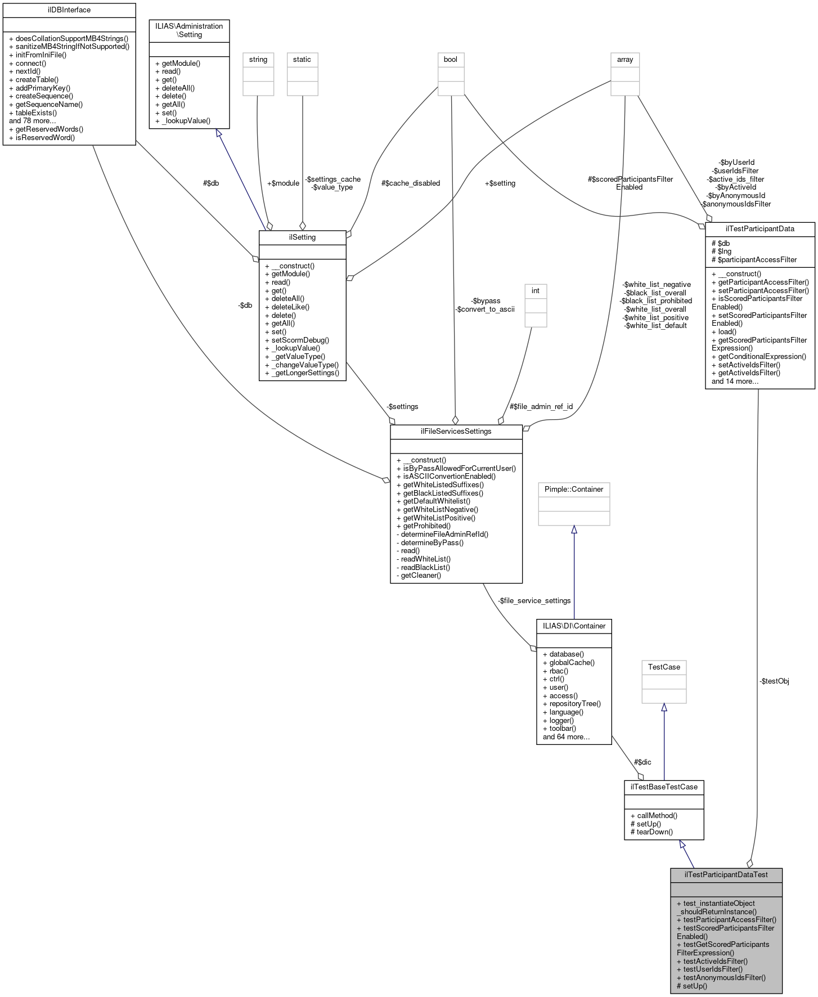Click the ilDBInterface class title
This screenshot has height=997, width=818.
tap(69, 10)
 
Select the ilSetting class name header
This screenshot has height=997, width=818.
tap(302, 237)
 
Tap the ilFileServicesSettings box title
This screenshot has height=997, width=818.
tap(456, 432)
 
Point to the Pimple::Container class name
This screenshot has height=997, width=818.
tap(574, 489)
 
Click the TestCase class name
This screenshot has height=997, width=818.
tap(664, 667)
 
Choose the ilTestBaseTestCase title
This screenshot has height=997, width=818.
tap(664, 787)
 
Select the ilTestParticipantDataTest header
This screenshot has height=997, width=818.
tap(726, 875)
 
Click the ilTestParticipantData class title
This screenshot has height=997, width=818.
tap(759, 229)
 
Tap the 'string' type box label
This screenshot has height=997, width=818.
tap(258, 60)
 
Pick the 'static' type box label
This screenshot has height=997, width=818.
tap(302, 60)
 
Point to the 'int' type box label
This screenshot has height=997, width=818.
tap(536, 291)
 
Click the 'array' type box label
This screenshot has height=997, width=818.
tap(625, 60)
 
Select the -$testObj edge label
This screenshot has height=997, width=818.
tap(774, 681)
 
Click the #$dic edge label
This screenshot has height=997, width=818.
tap(642, 762)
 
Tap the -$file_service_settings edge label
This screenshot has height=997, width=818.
tap(534, 601)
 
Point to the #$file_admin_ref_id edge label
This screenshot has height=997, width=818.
tap(541, 407)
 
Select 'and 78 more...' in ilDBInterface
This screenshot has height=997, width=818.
tap(33, 121)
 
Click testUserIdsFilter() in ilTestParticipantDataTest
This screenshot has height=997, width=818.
tap(712, 969)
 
